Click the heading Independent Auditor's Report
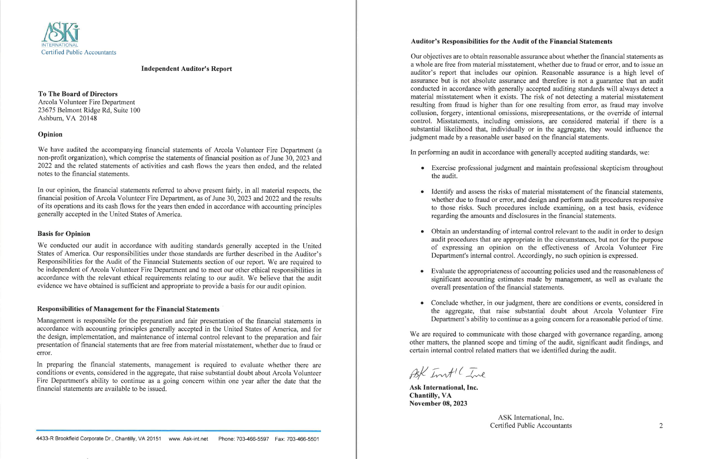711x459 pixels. (187, 69)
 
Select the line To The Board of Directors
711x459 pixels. (78, 94)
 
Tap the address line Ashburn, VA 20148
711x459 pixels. (67, 118)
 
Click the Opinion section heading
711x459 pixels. (50, 134)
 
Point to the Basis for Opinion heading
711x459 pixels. (64, 234)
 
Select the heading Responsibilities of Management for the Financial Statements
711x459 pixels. (128, 309)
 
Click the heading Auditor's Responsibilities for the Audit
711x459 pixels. (511, 41)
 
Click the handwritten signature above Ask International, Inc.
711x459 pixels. (447, 373)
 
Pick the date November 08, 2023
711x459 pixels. (438, 404)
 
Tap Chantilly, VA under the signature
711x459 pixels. (430, 396)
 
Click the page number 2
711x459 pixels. (661, 426)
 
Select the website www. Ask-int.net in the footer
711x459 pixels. (188, 439)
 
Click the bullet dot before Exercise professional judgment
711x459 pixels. (423, 168)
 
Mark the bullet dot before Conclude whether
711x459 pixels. (423, 303)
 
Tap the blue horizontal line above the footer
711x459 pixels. (179, 430)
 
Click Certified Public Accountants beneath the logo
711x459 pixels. (78, 53)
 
